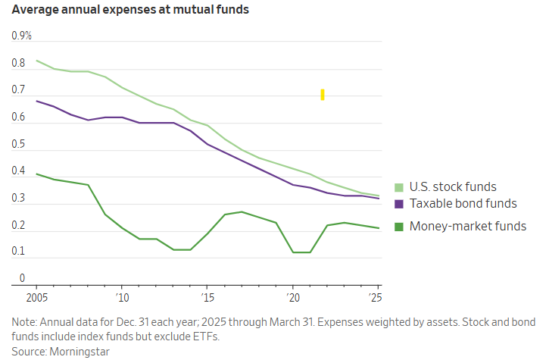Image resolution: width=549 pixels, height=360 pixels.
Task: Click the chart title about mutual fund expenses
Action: [130, 10]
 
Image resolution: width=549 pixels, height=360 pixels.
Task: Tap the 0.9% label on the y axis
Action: [21, 36]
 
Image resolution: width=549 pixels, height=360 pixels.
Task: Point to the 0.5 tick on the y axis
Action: [18, 144]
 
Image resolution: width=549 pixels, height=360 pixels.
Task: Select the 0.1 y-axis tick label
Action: [18, 251]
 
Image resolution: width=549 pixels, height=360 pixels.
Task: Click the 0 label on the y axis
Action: [22, 278]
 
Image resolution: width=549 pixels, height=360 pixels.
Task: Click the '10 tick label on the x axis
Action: [121, 297]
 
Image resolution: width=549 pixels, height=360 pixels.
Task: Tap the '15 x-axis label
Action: [207, 297]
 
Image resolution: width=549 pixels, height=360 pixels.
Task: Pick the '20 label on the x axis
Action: [293, 297]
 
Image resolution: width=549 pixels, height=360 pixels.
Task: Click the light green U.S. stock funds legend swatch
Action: [399, 187]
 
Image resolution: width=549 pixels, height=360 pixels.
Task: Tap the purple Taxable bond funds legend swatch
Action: [399, 204]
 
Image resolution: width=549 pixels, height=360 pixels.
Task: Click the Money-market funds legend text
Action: [467, 226]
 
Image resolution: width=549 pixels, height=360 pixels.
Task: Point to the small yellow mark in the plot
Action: [323, 94]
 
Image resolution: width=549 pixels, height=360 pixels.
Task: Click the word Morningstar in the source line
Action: [80, 351]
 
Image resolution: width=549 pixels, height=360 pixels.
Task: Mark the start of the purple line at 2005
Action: [36, 101]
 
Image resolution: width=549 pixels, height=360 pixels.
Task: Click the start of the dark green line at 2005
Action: [36, 174]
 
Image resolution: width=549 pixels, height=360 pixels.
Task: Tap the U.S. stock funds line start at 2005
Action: [36, 61]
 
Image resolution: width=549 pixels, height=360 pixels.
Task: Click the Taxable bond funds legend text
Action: [463, 204]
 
